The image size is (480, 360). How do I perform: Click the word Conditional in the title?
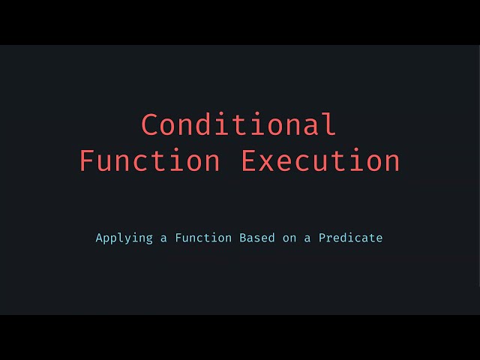239,124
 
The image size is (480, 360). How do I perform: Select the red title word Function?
150,161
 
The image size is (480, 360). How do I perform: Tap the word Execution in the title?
320,161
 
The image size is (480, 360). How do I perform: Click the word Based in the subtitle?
257,238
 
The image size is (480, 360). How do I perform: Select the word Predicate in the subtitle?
350,238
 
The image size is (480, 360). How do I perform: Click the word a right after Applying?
163,238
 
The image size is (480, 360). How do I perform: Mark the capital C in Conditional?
151,124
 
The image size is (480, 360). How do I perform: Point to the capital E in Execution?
250,161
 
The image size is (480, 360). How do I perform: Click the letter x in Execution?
270,163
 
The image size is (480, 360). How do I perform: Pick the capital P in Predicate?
322,238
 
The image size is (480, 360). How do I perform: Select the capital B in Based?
243,238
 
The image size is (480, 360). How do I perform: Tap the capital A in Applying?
100,238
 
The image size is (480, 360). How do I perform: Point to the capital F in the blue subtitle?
178,238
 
